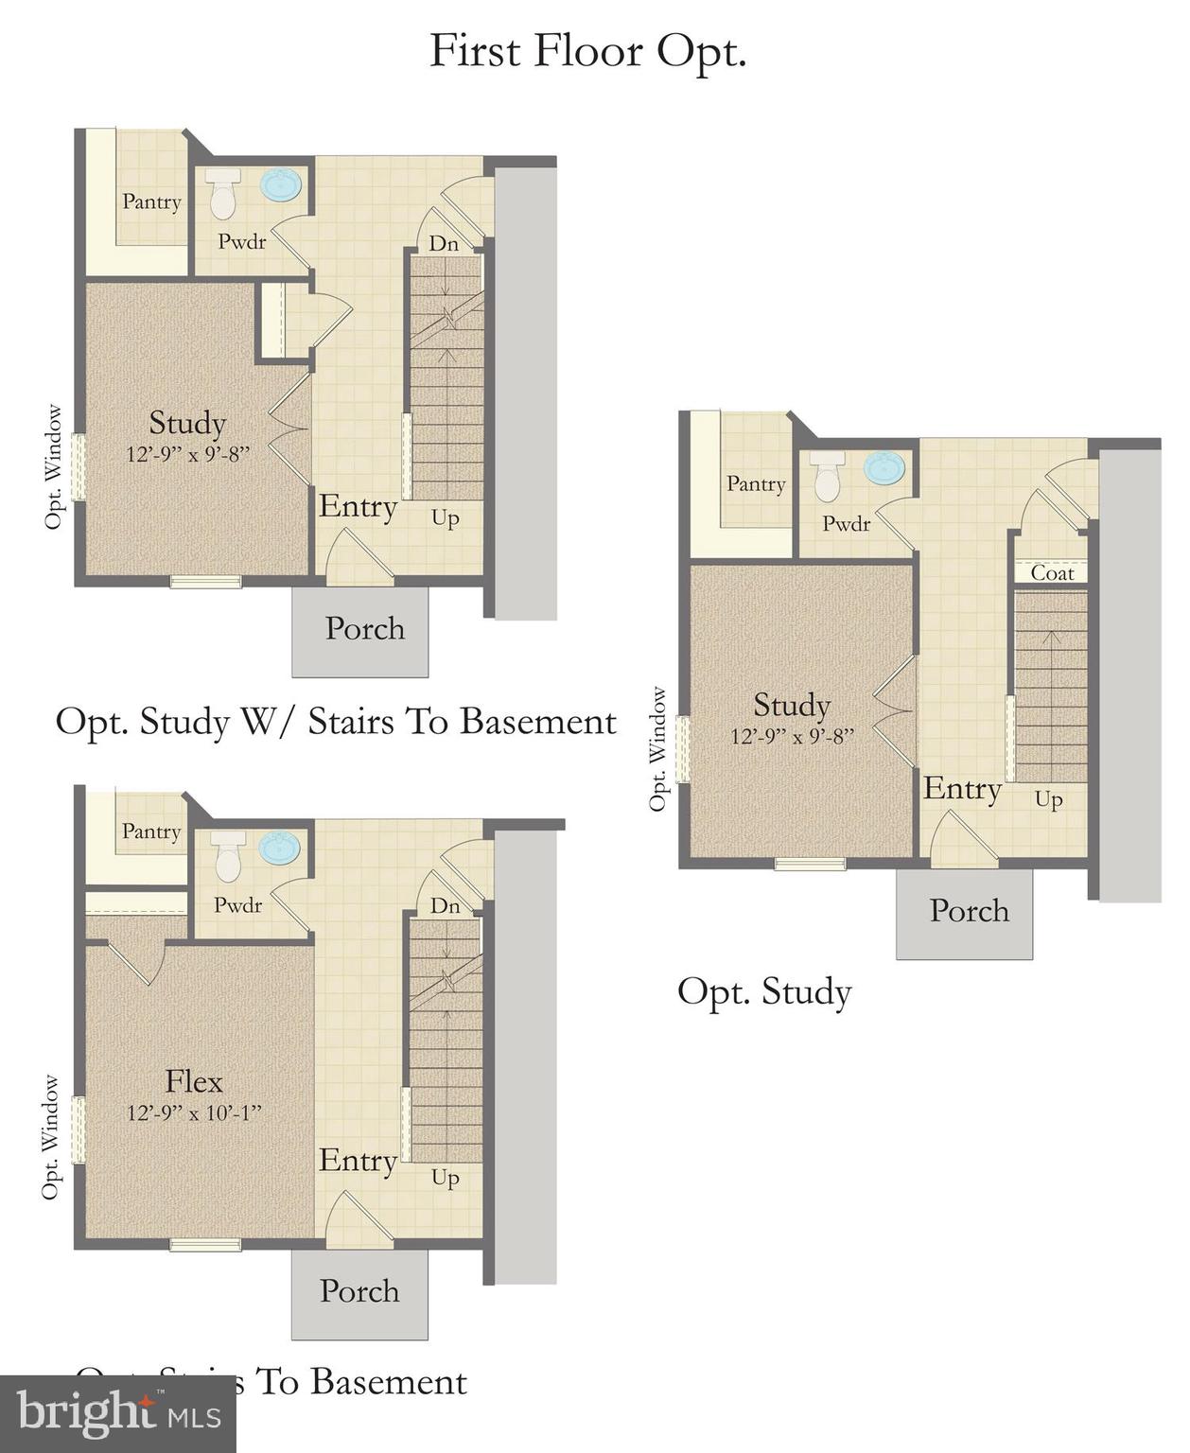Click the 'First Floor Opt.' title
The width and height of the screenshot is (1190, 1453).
pyautogui.click(x=587, y=52)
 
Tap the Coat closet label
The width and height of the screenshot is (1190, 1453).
pyautogui.click(x=1052, y=572)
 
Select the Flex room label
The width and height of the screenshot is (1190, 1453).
pyautogui.click(x=194, y=1081)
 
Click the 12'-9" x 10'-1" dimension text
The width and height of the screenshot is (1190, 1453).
pyautogui.click(x=194, y=1113)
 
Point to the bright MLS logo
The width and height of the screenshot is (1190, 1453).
pyautogui.click(x=117, y=1414)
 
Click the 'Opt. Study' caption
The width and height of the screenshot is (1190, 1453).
pyautogui.click(x=764, y=992)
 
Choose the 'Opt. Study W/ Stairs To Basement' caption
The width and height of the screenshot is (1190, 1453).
pyautogui.click(x=336, y=722)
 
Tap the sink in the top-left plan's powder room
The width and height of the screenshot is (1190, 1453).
pyautogui.click(x=281, y=185)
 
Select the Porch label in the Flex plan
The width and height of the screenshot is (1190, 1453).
pyautogui.click(x=359, y=1291)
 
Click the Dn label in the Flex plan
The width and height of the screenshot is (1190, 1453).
pyautogui.click(x=445, y=906)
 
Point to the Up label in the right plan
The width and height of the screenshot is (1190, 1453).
pyautogui.click(x=1048, y=800)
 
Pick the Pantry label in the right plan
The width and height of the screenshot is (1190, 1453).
pyautogui.click(x=756, y=483)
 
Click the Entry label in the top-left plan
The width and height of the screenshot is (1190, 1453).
pyautogui.click(x=358, y=507)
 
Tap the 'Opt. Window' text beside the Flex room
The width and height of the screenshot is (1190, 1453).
pyautogui.click(x=50, y=1138)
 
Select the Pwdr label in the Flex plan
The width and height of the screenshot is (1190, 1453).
pyautogui.click(x=237, y=905)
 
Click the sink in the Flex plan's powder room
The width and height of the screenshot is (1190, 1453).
pyautogui.click(x=280, y=849)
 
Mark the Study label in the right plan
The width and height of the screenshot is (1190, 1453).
pyautogui.click(x=792, y=705)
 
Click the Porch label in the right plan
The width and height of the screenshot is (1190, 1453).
pyautogui.click(x=969, y=911)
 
